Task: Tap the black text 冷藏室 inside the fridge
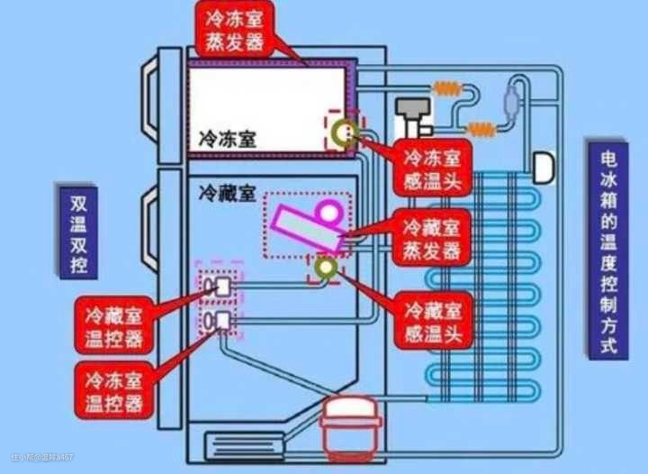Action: (x=228, y=193)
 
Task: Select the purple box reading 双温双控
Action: (x=76, y=233)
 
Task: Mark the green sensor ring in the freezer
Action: (x=342, y=133)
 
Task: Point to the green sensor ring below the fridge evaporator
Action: (x=324, y=267)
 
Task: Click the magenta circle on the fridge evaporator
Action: (x=327, y=214)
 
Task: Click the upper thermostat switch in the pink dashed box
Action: (x=220, y=287)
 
